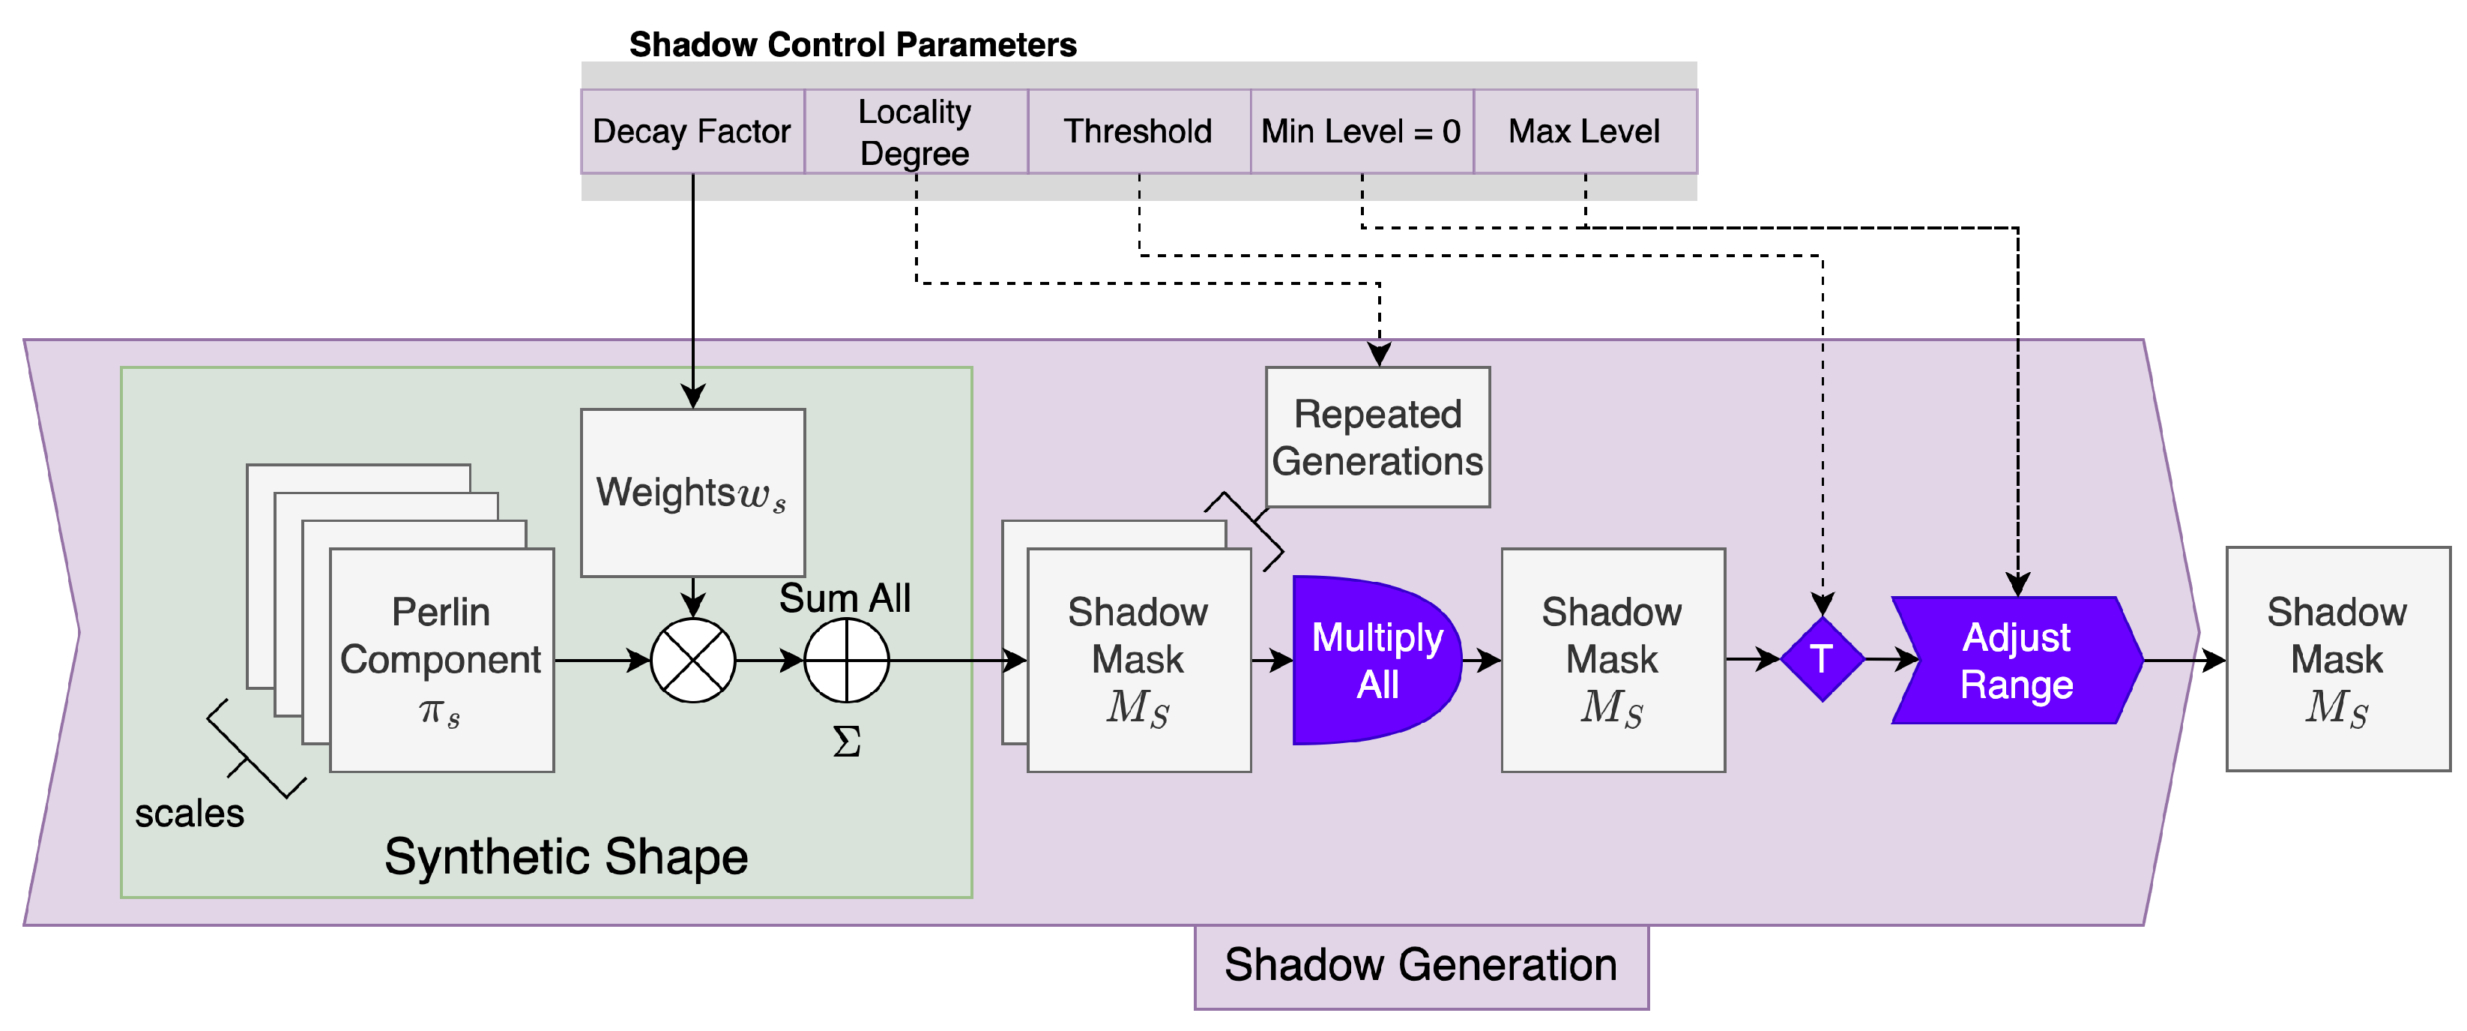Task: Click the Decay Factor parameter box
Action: tap(692, 131)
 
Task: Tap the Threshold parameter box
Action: tap(1138, 131)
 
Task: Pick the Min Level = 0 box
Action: tap(1361, 131)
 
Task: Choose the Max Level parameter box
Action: tap(1584, 131)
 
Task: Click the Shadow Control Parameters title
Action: tap(852, 44)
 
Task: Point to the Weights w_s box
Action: tap(692, 493)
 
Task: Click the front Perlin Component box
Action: tap(441, 659)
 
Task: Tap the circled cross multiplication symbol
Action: tap(692, 660)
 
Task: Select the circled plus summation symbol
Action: tap(847, 660)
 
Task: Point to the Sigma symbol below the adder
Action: tap(847, 741)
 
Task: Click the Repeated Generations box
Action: tap(1377, 437)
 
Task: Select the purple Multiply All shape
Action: tap(1374, 660)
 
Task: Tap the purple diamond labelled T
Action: tap(1822, 659)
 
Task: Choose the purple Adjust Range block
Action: tap(2017, 660)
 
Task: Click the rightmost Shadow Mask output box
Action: tap(2337, 659)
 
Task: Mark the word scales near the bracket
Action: tap(189, 814)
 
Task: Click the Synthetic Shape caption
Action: tap(566, 856)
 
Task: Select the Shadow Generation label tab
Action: tap(1421, 966)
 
